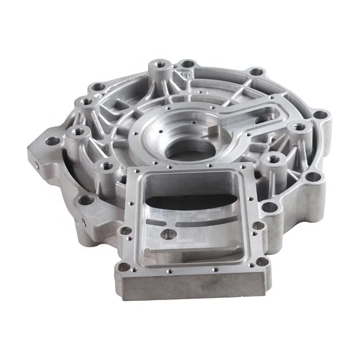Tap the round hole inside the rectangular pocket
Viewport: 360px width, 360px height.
click(168, 234)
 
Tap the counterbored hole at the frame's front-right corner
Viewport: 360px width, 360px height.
click(261, 262)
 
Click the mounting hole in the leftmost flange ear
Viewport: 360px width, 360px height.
click(52, 142)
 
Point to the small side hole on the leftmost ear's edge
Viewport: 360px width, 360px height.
click(37, 164)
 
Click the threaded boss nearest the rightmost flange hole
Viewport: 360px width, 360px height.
click(300, 127)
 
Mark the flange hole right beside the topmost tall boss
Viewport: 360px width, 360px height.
click(187, 63)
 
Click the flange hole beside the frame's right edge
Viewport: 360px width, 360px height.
click(270, 207)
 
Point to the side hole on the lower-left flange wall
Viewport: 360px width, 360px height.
click(84, 222)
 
